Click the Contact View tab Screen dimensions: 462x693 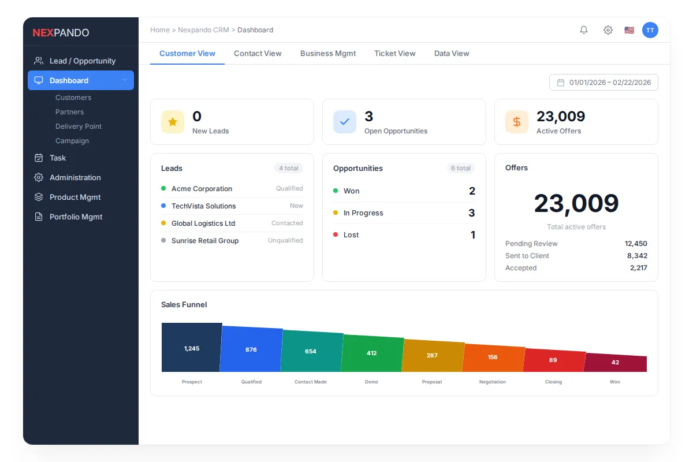coord(258,53)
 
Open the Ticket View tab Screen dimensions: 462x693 coord(394,53)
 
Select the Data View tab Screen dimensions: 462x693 coord(452,53)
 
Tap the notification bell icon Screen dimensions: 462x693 coord(584,30)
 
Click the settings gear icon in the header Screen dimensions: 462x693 coord(608,30)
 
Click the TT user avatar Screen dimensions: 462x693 coord(650,30)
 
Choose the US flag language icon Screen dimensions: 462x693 coord(629,30)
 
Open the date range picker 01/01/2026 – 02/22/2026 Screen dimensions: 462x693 coord(603,83)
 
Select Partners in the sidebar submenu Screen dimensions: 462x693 coord(69,112)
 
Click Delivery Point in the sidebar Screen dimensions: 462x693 coord(79,126)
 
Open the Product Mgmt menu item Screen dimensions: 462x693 coord(75,197)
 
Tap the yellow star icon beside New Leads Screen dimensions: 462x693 coord(173,122)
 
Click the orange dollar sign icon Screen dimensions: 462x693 coord(517,122)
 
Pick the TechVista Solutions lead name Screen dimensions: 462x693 coord(203,206)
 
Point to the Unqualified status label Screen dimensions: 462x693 coord(285,240)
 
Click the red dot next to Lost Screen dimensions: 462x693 coord(336,234)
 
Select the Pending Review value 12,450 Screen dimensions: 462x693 coord(636,244)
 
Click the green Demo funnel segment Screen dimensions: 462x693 coord(371,353)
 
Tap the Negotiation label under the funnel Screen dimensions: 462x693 coord(492,382)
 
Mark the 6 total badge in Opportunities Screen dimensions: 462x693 coord(460,168)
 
